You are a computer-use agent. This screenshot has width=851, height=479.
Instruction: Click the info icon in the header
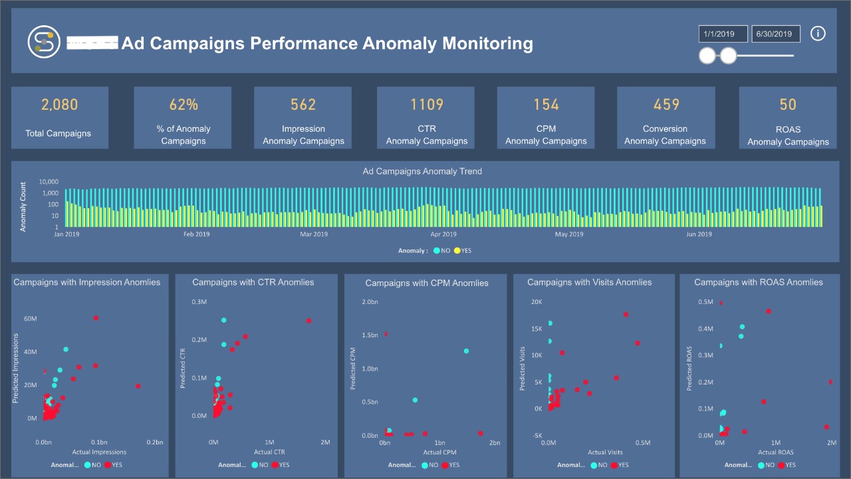coord(818,33)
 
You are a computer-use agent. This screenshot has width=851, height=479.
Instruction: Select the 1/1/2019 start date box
coord(723,34)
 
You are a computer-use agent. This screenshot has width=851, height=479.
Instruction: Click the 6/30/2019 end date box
coord(775,34)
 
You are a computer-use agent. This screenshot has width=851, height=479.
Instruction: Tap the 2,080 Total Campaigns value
coord(59,104)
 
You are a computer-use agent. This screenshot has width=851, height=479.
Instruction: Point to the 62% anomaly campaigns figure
coord(183,104)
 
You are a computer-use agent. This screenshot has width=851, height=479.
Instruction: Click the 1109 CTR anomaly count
coord(427,104)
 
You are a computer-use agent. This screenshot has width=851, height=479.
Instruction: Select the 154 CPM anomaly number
coord(546,104)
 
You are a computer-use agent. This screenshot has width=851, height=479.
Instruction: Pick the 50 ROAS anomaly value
coord(788,104)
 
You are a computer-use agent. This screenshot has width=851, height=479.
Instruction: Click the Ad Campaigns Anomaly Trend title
coord(422,172)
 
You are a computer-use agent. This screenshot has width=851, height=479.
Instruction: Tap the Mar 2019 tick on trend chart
coord(314,234)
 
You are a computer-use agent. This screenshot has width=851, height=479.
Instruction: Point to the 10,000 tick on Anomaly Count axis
coord(49,182)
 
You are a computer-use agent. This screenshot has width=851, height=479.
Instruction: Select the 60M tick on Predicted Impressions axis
coord(30,319)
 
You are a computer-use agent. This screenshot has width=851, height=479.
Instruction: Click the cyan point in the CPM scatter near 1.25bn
coord(466,351)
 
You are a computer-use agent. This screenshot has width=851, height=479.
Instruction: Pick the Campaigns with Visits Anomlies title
coord(589,282)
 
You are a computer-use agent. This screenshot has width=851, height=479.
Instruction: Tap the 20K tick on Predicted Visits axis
coord(535,302)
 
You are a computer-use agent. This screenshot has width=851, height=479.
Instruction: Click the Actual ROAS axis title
coord(776,452)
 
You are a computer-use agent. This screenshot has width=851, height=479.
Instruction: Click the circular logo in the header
coord(44,41)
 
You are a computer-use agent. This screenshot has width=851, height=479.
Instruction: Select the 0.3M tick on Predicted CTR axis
coord(199,302)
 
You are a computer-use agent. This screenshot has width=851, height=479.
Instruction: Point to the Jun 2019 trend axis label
coord(699,234)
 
